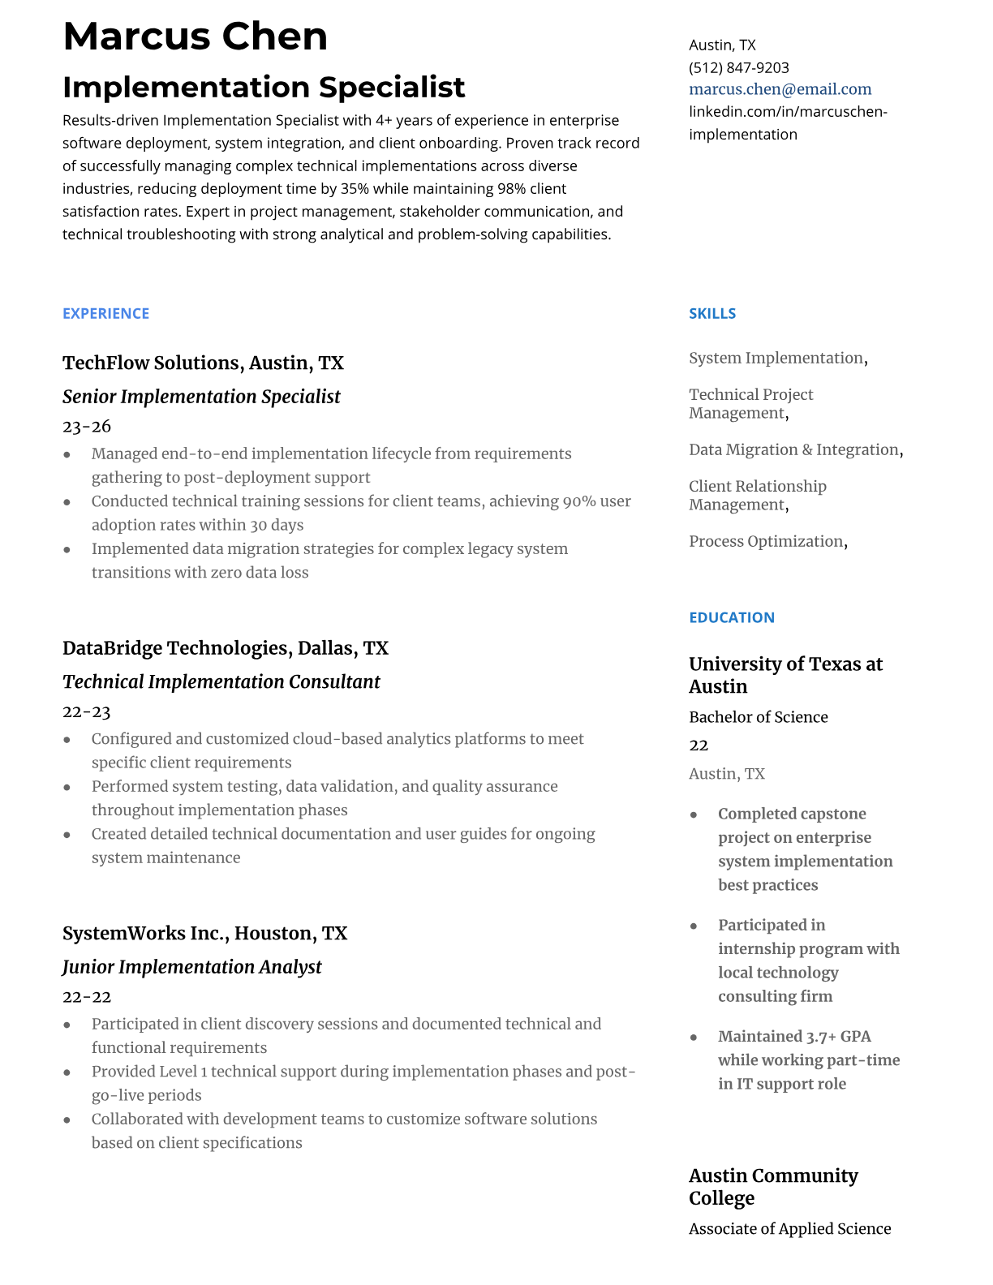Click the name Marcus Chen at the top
pyautogui.click(x=195, y=37)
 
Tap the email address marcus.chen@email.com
pyautogui.click(x=780, y=89)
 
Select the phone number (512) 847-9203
pyautogui.click(x=738, y=67)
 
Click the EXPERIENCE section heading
pyautogui.click(x=105, y=314)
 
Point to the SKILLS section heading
pyautogui.click(x=711, y=314)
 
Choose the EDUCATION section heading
pyautogui.click(x=731, y=617)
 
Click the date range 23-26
pyautogui.click(x=86, y=427)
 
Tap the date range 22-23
pyautogui.click(x=86, y=712)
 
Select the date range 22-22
pyautogui.click(x=86, y=997)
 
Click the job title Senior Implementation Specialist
pyautogui.click(x=201, y=397)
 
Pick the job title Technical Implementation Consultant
pyautogui.click(x=221, y=682)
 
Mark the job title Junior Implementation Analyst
pyautogui.click(x=191, y=967)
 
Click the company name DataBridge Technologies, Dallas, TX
pyautogui.click(x=225, y=648)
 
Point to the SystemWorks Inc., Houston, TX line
pyautogui.click(x=204, y=934)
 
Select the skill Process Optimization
pyautogui.click(x=766, y=541)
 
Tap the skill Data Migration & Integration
pyautogui.click(x=793, y=449)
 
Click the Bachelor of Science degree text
pyautogui.click(x=758, y=717)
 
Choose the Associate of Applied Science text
pyautogui.click(x=789, y=1229)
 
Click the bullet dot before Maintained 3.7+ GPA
pyautogui.click(x=694, y=1038)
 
